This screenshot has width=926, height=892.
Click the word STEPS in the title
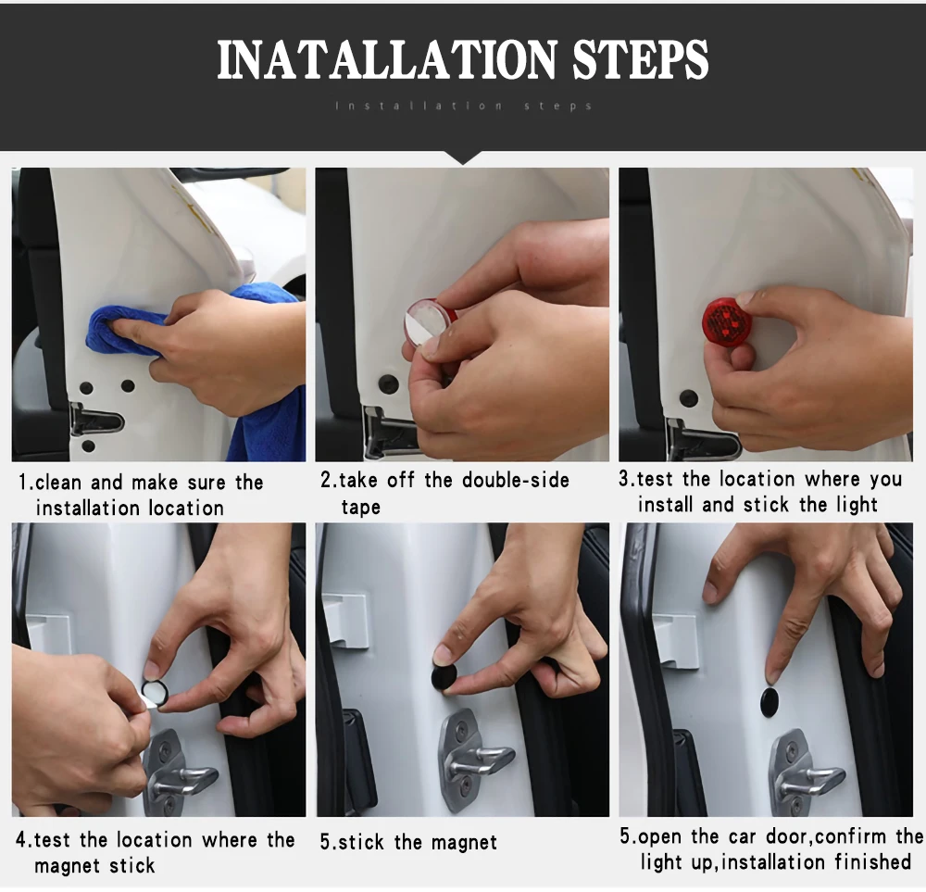(640, 59)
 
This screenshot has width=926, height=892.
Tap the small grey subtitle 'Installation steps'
(464, 107)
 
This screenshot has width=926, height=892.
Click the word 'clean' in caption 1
(57, 482)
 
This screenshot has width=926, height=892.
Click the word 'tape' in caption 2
(360, 508)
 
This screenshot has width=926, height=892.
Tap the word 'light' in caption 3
(857, 505)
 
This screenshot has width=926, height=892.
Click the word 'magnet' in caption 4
(65, 866)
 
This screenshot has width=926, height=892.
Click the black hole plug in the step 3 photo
(689, 398)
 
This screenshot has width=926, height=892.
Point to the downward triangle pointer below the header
(464, 157)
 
